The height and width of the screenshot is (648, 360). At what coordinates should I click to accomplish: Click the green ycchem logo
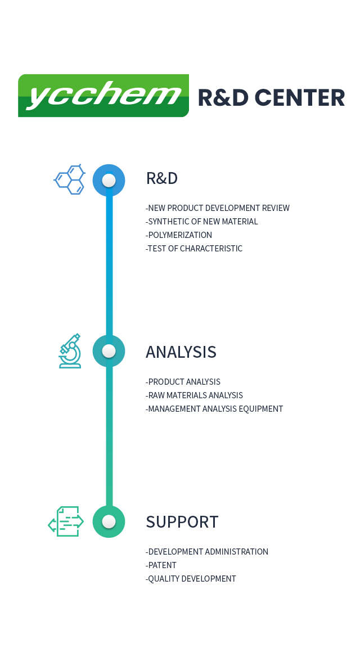coord(103,96)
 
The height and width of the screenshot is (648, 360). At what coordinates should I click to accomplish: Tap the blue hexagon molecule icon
coord(69,179)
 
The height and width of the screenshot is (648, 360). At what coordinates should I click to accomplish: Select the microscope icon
coord(70,351)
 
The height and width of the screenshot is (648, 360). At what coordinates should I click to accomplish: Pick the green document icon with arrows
coord(66,521)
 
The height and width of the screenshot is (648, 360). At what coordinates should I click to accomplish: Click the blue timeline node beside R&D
coord(109,180)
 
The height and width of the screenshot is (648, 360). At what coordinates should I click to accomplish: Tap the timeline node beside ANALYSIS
coord(109,351)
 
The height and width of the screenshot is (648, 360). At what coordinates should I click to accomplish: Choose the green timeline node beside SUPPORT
coord(109,521)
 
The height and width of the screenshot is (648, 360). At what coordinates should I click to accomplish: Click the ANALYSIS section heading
coord(181,352)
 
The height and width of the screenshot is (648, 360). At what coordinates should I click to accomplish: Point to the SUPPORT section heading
coord(182,522)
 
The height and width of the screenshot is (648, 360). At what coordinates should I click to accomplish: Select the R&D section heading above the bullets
coord(161,178)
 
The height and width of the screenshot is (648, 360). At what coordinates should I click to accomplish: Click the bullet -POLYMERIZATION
coord(178,235)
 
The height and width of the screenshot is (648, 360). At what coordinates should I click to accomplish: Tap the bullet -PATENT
coord(161,565)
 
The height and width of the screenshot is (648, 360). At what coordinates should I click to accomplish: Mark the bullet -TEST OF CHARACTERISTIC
coord(194,249)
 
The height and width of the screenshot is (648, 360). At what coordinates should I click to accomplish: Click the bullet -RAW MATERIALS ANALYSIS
coord(194,395)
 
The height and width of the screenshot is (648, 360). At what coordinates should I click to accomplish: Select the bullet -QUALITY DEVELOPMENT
coord(191,579)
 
